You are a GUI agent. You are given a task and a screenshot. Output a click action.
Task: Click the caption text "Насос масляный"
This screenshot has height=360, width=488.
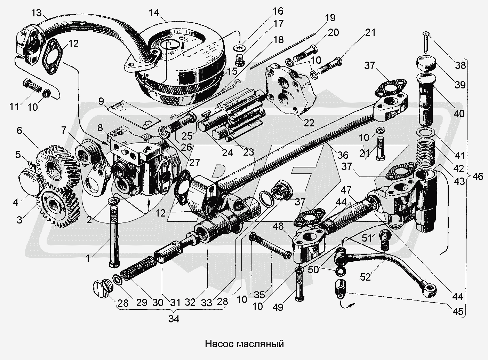[x=244, y=344]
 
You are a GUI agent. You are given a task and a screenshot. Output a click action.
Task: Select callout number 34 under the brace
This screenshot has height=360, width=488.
[x=174, y=319]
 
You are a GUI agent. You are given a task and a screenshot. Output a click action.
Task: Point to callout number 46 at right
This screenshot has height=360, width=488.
[x=478, y=177]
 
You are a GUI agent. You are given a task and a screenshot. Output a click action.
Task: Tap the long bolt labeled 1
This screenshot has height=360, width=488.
[x=114, y=237]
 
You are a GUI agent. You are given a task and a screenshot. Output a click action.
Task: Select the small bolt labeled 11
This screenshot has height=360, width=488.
[x=32, y=86]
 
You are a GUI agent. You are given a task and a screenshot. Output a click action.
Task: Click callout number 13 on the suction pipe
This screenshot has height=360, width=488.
[x=36, y=13]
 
